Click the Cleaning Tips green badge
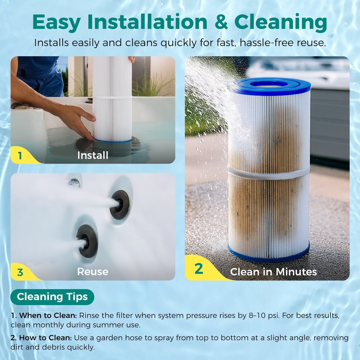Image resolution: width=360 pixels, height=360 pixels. (52, 297)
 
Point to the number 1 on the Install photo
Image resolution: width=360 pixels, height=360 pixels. (20, 156)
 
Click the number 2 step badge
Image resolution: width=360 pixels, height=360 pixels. (199, 269)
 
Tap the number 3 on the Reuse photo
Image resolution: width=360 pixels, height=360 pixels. (20, 272)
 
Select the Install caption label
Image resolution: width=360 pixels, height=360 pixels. (93, 156)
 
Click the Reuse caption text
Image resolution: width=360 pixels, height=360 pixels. (93, 271)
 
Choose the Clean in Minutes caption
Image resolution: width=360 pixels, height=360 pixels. (273, 272)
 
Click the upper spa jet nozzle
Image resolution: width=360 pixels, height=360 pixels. (120, 204)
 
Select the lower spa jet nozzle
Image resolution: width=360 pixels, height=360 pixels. (87, 240)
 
